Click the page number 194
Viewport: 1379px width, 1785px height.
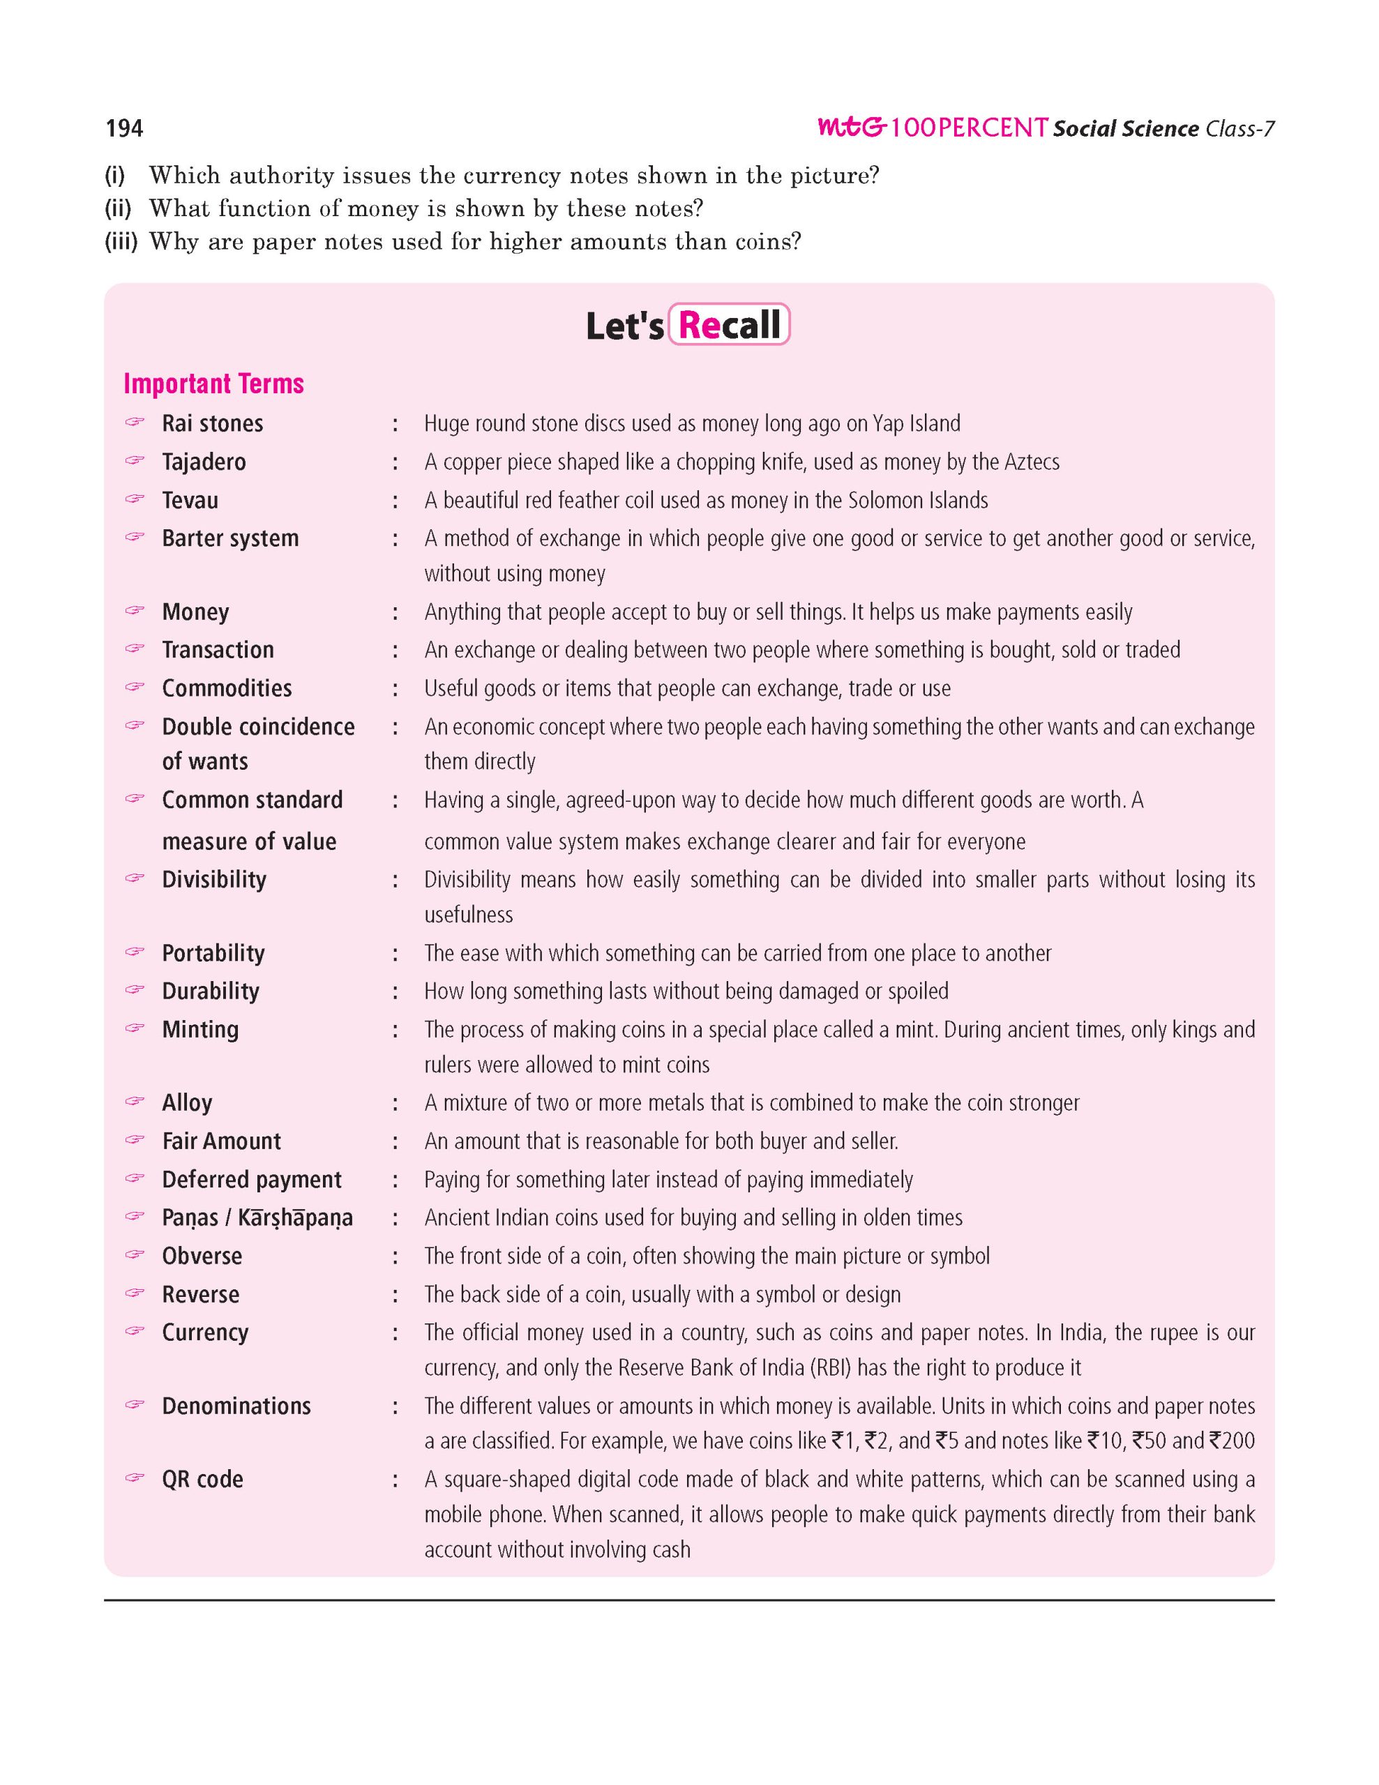(124, 128)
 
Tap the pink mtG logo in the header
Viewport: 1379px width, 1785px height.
(852, 128)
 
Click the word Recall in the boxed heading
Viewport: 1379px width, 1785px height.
(729, 326)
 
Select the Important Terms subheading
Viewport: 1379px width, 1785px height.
(213, 383)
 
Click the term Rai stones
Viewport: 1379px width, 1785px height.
(213, 423)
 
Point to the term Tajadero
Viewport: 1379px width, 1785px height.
(204, 462)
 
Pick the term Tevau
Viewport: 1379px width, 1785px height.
(190, 500)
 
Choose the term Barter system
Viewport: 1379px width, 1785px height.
(230, 538)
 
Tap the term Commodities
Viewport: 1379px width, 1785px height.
(227, 688)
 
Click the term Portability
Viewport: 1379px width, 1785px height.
(213, 953)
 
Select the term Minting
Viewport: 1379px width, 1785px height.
(200, 1029)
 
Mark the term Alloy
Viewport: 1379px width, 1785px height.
(187, 1102)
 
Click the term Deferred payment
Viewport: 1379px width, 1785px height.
(252, 1179)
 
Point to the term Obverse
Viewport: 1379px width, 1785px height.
(202, 1256)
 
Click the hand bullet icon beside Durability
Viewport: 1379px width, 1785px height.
(135, 989)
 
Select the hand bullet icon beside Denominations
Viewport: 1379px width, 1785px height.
(135, 1405)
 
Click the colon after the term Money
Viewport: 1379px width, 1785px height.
(395, 612)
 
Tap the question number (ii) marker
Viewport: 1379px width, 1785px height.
(118, 209)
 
